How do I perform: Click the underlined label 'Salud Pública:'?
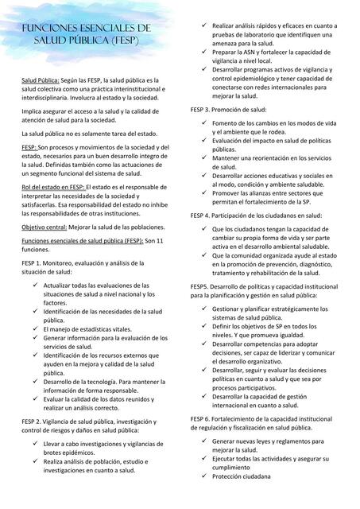click(x=40, y=81)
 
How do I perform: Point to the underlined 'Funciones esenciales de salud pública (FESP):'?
click(x=83, y=240)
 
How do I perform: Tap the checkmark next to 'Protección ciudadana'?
click(x=204, y=476)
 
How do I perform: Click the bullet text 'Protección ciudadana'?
click(x=241, y=476)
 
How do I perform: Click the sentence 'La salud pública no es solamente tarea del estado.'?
click(x=89, y=134)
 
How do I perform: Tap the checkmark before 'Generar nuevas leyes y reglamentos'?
click(x=204, y=441)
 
